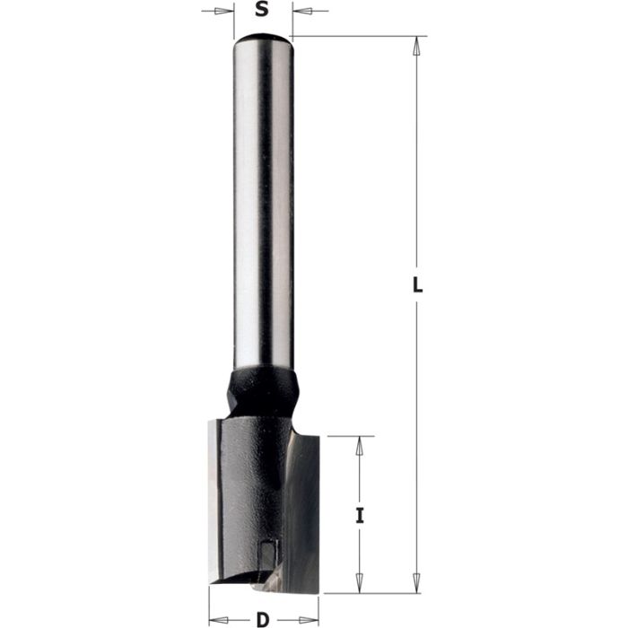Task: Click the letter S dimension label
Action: tap(262, 12)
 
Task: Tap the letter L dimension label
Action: tap(417, 286)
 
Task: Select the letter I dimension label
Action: tap(360, 516)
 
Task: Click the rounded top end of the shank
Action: tap(262, 38)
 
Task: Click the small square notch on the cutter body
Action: tap(269, 545)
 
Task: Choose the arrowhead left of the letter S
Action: tap(224, 13)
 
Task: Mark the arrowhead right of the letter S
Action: tap(301, 13)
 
